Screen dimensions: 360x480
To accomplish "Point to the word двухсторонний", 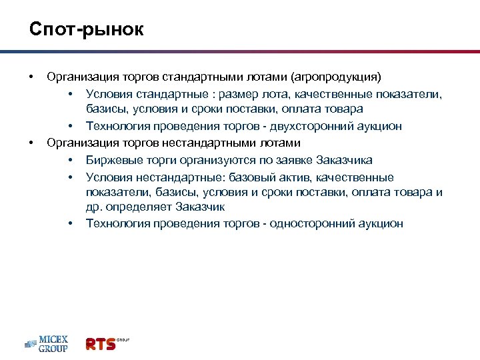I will tap(307, 126).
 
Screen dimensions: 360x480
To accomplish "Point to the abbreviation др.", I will tap(93, 207).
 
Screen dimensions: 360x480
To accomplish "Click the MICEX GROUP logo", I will tap(47, 344).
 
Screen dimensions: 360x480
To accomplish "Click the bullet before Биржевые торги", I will tap(69, 160).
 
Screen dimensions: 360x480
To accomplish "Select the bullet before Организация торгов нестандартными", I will tap(31, 143).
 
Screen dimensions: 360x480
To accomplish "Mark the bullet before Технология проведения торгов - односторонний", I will tap(69, 223).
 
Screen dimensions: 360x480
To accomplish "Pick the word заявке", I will tap(292, 160).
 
